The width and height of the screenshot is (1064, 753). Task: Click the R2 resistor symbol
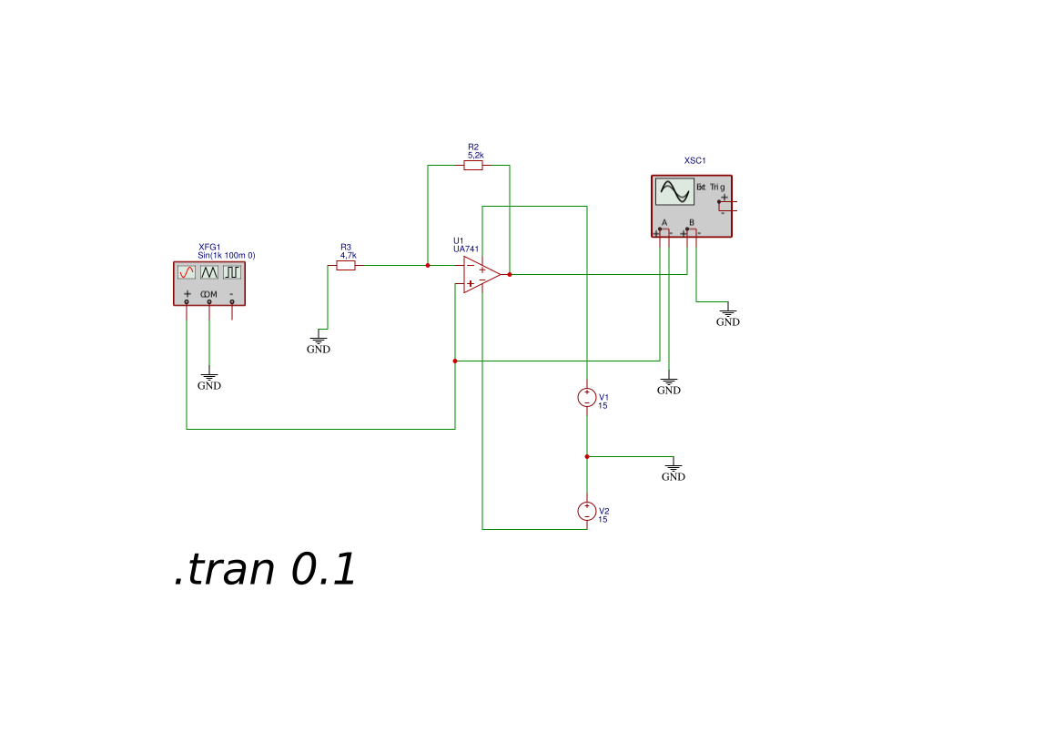[473, 165]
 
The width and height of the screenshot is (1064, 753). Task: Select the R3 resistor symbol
[345, 266]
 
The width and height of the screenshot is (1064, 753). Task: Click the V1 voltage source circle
[587, 397]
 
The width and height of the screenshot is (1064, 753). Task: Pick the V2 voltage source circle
[587, 512]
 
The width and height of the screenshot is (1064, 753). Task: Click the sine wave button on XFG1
[187, 272]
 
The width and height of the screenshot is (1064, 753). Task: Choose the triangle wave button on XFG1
[209, 272]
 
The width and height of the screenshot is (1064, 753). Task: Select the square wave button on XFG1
[232, 272]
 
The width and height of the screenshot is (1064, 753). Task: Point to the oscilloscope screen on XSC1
[674, 191]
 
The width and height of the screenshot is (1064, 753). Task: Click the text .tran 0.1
[265, 569]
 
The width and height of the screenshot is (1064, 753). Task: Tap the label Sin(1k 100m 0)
[227, 255]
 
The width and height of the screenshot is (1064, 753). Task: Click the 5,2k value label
[476, 156]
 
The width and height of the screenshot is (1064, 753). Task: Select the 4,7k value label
[348, 256]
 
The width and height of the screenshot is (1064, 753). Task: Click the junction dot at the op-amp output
[510, 274]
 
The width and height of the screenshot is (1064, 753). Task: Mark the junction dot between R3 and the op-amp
[428, 266]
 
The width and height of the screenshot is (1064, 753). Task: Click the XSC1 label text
[694, 161]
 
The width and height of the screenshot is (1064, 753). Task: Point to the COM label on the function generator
[209, 294]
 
